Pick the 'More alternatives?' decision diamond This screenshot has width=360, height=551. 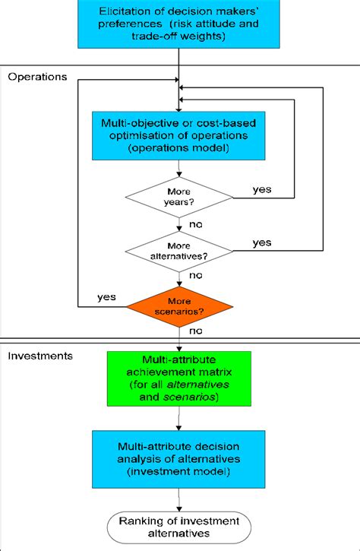[x=179, y=250]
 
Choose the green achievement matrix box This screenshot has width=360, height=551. [x=179, y=378]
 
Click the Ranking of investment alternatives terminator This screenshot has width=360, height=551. [x=179, y=526]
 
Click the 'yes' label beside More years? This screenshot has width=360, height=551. [x=263, y=188]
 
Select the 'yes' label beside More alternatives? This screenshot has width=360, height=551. [x=261, y=242]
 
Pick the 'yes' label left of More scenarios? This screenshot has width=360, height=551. [x=106, y=297]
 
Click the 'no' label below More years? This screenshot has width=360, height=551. [x=196, y=226]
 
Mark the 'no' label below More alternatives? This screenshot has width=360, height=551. [x=196, y=277]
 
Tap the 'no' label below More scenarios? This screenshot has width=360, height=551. [x=196, y=332]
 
